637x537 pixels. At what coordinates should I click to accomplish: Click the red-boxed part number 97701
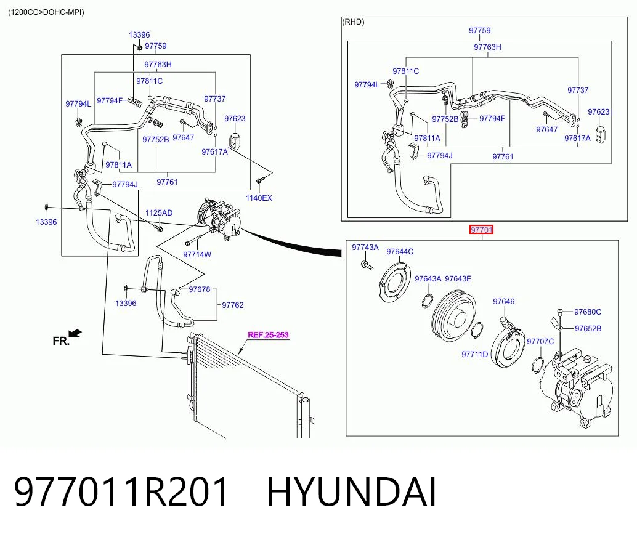coord(481,230)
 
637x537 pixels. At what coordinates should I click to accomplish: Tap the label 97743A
coord(365,248)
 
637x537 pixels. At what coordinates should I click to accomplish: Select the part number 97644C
coord(400,252)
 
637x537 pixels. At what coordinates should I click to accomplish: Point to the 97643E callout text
coord(458,278)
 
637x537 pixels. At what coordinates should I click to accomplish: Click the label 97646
coord(504,301)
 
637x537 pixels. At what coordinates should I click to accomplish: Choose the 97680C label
coord(588,312)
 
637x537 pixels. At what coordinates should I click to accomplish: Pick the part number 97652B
coord(588,329)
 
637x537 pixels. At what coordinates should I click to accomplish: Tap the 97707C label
coord(540,342)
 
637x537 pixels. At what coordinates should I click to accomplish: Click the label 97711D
coord(475,355)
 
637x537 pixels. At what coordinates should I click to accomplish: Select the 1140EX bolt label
coord(259,198)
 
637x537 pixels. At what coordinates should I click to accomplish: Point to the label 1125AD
coord(159,213)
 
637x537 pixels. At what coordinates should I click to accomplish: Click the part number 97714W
coord(197,255)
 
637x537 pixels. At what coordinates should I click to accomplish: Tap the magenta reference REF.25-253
coord(268,335)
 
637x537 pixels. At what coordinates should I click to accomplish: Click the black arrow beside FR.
coord(75,333)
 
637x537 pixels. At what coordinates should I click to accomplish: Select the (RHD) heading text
coord(354,22)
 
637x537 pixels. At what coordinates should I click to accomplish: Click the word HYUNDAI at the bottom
coord(352,492)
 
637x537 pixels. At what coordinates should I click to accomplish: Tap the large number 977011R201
coord(121,492)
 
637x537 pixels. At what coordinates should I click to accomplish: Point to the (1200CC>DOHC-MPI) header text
coord(46,12)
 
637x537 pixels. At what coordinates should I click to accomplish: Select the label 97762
coord(233,305)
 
